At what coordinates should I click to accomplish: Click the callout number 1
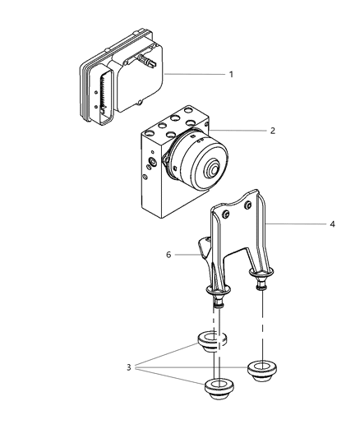click(x=231, y=74)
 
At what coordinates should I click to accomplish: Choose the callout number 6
click(x=168, y=255)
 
